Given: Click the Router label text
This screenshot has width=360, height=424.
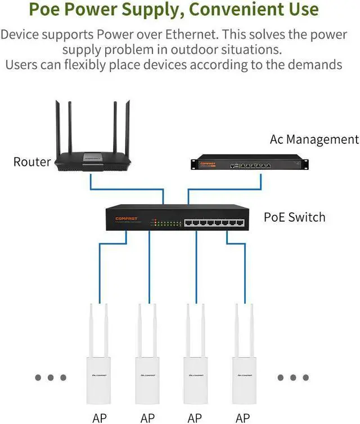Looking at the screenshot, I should click(32, 163).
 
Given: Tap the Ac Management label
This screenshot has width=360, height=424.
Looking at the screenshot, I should click(314, 139).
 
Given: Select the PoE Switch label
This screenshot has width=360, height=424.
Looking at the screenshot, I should click(294, 216).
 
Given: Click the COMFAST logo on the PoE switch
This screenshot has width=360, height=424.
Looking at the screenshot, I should click(127, 218).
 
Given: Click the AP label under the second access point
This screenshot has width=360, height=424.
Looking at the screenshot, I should click(147, 417).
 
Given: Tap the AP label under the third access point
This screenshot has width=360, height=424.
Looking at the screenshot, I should click(195, 417).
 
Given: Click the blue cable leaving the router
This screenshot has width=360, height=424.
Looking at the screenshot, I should click(90, 181).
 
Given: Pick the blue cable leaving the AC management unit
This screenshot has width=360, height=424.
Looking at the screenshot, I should click(260, 181).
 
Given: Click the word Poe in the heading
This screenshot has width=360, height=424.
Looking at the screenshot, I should click(47, 10).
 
